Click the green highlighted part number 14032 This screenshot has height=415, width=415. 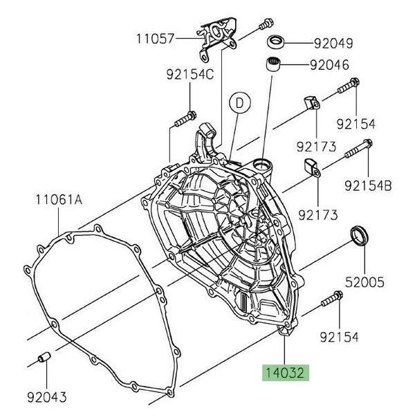286,373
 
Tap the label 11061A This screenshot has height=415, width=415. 59,201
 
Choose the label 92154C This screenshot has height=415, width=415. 190,75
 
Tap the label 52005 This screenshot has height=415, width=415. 364,282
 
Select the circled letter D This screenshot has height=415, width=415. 239,103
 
